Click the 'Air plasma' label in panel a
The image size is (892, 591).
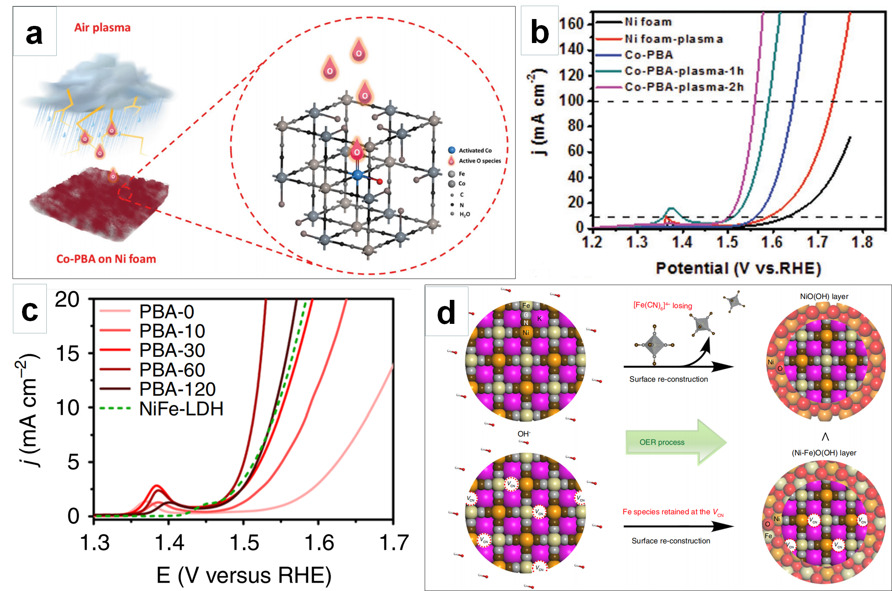click(102, 27)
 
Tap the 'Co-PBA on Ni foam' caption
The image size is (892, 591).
click(106, 259)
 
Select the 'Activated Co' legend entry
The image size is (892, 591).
click(475, 150)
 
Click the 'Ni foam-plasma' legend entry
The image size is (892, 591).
click(673, 39)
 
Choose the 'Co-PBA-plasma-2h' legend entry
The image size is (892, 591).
click(684, 87)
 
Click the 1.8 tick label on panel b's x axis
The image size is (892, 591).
click(862, 242)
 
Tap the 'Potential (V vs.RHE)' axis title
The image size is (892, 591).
click(738, 268)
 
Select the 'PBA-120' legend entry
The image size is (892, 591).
click(177, 389)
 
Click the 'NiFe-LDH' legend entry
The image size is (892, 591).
click(181, 409)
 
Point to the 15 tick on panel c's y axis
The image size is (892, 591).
click(67, 354)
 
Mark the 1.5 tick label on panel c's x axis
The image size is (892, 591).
click(244, 543)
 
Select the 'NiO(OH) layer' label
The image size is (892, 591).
click(824, 296)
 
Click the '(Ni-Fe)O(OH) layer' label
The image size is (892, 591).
click(824, 453)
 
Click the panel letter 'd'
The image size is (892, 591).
click(446, 312)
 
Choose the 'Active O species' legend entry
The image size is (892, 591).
click(479, 161)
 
